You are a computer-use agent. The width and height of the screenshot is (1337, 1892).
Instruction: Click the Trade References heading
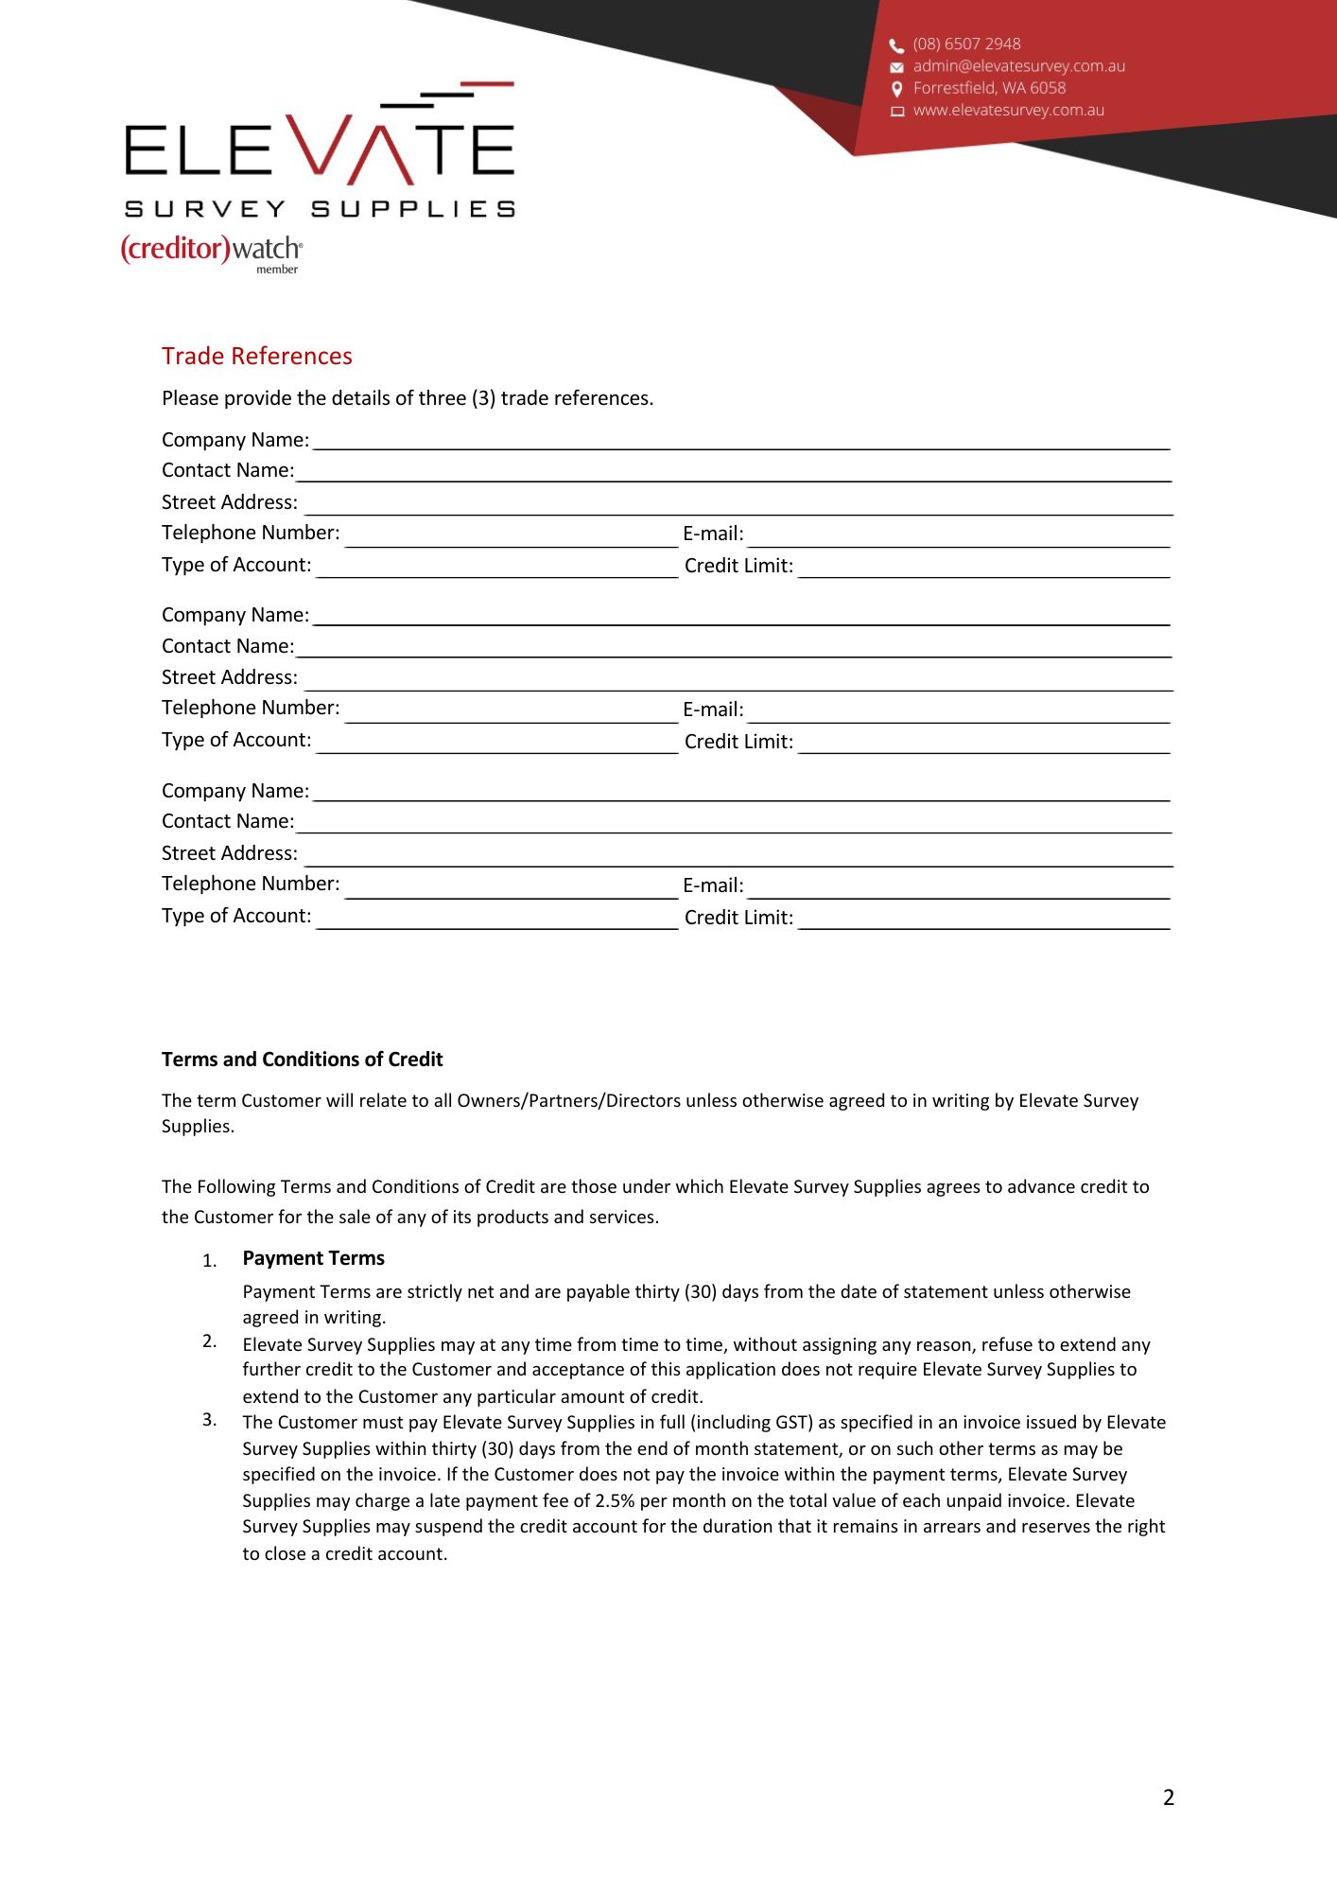[x=256, y=357]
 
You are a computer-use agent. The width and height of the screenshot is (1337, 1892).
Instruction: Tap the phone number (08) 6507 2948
[x=966, y=44]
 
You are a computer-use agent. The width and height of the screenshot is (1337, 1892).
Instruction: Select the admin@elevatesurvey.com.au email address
[x=1018, y=66]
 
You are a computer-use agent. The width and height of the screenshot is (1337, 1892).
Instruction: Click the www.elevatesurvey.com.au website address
[x=1008, y=111]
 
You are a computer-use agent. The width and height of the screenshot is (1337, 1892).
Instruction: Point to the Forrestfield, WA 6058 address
[x=989, y=88]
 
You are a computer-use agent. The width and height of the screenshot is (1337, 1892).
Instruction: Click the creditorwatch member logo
[x=212, y=251]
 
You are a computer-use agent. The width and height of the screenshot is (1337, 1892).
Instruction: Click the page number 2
[x=1169, y=1797]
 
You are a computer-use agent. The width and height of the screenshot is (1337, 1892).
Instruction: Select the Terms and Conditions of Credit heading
[x=302, y=1060]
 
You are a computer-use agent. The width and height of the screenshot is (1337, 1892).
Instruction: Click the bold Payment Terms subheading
[x=313, y=1258]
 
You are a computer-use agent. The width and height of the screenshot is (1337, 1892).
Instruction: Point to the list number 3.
[x=209, y=1420]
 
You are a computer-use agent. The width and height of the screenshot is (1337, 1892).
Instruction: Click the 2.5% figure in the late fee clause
[x=615, y=1501]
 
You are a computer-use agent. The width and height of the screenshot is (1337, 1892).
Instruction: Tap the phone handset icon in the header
[x=896, y=45]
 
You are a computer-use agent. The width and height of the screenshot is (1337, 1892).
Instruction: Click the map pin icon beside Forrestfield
[x=896, y=89]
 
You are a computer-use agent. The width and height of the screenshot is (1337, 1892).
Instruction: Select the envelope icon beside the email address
[x=896, y=67]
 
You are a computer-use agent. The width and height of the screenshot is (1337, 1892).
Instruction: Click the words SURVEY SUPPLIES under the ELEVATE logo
[x=320, y=209]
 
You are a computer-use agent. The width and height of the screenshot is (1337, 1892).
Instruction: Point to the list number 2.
[x=209, y=1341]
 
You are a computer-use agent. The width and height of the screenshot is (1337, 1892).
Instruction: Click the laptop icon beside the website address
[x=896, y=112]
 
